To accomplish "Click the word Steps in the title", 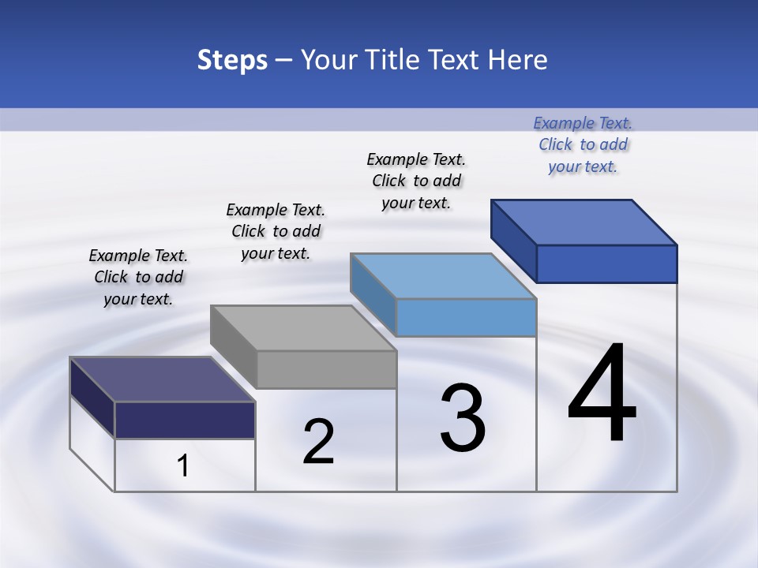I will pos(232,60).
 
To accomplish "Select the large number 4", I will pos(602,394).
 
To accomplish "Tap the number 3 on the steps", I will pos(463,418).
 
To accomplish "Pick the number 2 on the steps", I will pos(318,442).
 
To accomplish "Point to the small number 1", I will pos(183,465).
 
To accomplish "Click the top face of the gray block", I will pos(303,327).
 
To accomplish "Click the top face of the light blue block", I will pos(444,276).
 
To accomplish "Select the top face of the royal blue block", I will pos(584,222).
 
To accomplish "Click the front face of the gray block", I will pos(326,369).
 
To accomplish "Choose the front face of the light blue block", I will pos(466,318).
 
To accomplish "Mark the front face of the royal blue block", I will pos(606,263).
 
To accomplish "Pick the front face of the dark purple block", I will pos(185,420).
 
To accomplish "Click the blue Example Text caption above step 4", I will pos(583,144).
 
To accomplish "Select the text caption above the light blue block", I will pos(416,181).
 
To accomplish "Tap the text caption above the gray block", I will pos(276,231).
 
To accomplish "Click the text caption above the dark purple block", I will pos(138,277).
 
